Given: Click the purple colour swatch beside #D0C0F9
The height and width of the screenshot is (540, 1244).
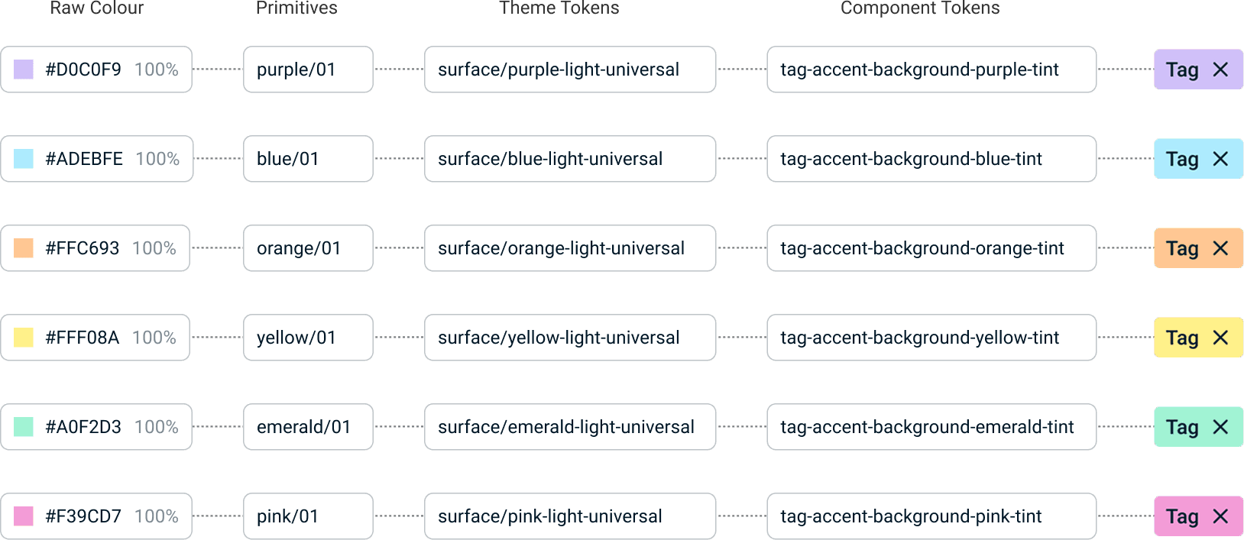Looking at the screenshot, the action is point(24,70).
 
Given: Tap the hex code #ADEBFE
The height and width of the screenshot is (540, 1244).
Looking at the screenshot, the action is point(84,159).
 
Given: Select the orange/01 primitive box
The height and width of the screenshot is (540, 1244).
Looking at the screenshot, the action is point(308,248).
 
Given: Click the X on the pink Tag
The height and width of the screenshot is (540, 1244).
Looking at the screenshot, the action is point(1220,516).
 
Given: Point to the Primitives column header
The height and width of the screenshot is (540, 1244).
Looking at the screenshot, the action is point(296,8).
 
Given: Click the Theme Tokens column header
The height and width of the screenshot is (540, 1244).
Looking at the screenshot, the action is point(559,8).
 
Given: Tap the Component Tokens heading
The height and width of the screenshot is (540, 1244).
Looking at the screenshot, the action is point(920,8).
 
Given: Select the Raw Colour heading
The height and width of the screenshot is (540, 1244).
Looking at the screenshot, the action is point(97,8).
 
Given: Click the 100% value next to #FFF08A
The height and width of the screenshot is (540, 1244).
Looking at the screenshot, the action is point(154,338).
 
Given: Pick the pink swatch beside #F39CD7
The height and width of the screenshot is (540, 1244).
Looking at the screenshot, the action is point(24,516).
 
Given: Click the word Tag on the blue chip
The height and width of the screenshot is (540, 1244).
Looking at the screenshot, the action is point(1182,159).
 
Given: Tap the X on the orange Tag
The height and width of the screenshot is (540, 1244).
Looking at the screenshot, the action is point(1220,248).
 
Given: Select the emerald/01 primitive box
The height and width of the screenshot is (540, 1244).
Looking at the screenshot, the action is point(308,427).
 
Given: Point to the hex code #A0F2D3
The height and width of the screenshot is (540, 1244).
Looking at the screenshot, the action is point(83,427).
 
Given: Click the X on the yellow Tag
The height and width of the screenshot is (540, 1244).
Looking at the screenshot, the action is point(1220,338).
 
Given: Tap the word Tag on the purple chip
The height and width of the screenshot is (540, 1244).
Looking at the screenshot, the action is point(1182,70).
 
